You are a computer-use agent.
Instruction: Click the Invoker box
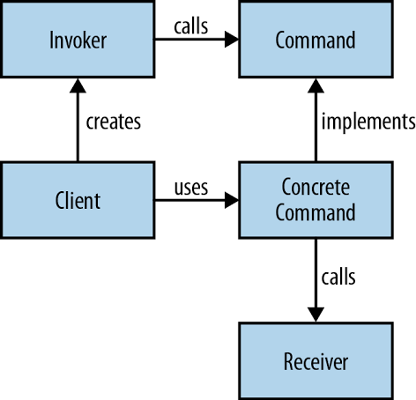click(78, 40)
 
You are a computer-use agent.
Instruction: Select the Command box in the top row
click(315, 40)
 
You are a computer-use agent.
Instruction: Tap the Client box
click(78, 200)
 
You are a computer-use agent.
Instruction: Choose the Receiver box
click(315, 361)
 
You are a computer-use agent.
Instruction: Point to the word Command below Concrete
click(315, 211)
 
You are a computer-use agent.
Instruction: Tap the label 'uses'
click(190, 188)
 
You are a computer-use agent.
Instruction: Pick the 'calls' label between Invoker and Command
click(190, 26)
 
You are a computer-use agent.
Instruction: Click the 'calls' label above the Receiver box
click(338, 278)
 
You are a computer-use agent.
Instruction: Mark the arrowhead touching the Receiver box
click(315, 315)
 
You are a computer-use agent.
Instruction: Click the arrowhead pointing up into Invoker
click(78, 86)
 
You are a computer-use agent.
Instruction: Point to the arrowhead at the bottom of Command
click(315, 86)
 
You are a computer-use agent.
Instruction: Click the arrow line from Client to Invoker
click(78, 128)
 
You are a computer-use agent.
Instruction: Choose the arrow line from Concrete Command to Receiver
click(315, 273)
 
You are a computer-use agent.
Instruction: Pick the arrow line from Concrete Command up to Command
click(315, 128)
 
